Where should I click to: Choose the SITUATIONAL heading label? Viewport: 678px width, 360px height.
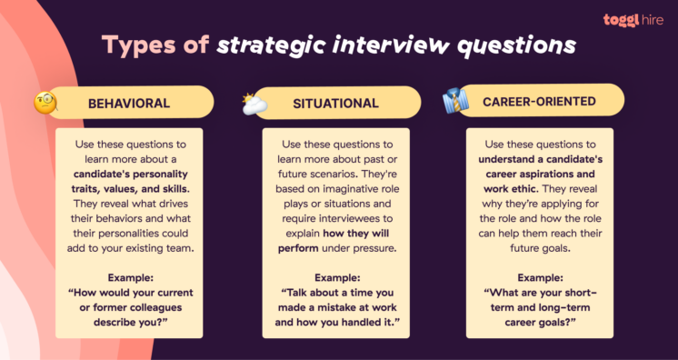[x=335, y=104]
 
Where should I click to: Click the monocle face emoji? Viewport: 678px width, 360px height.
[x=45, y=103]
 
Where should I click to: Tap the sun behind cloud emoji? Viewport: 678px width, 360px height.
[x=254, y=105]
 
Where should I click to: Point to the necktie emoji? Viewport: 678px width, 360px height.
[x=454, y=101]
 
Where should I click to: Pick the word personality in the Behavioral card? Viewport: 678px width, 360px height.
[x=168, y=174]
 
